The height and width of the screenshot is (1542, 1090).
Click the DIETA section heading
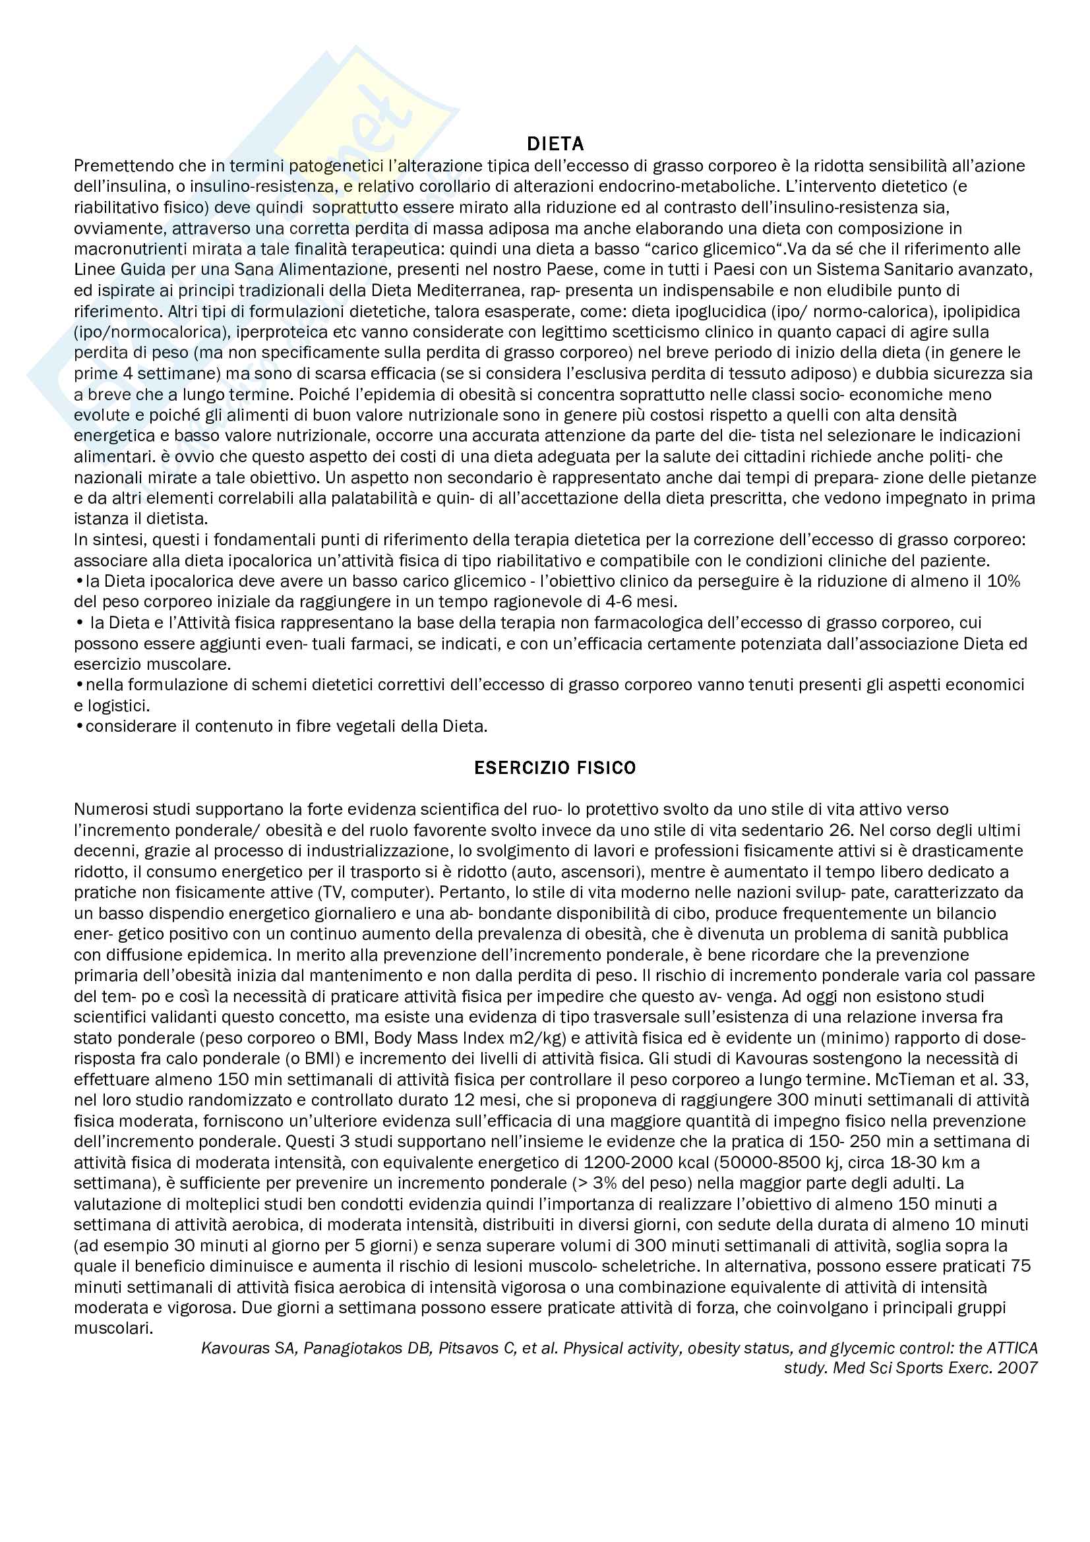tap(555, 144)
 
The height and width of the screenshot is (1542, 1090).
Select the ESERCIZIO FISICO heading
tap(555, 767)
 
